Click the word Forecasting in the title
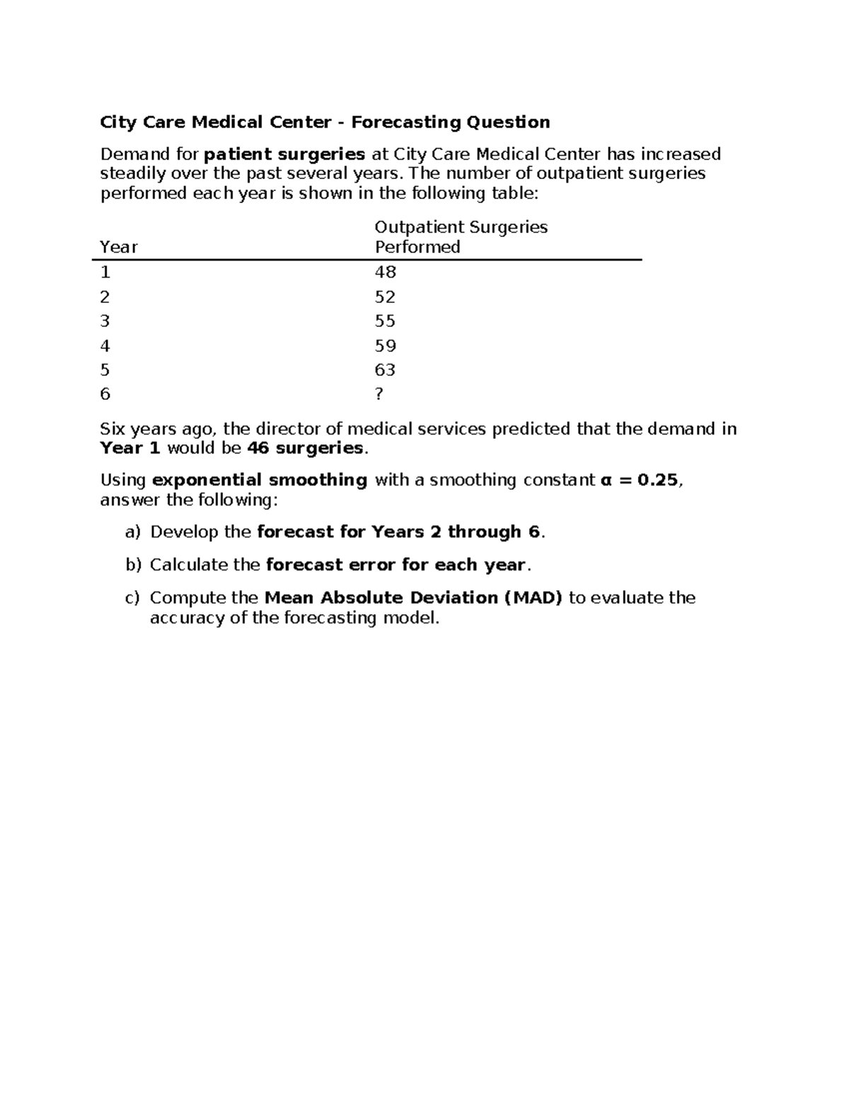(x=396, y=122)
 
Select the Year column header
(x=118, y=247)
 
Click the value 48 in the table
(x=385, y=272)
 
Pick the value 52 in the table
(x=385, y=297)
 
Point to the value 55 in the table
(x=385, y=321)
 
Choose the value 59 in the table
(x=385, y=346)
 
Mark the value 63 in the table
(x=385, y=370)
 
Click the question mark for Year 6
(x=379, y=394)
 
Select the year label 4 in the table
(x=105, y=346)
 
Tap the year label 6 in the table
(x=105, y=394)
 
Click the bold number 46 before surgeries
(x=258, y=448)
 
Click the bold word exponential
(x=205, y=481)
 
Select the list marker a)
(x=133, y=532)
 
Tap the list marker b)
(x=133, y=565)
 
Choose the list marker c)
(x=133, y=598)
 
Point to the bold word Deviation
(x=454, y=598)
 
